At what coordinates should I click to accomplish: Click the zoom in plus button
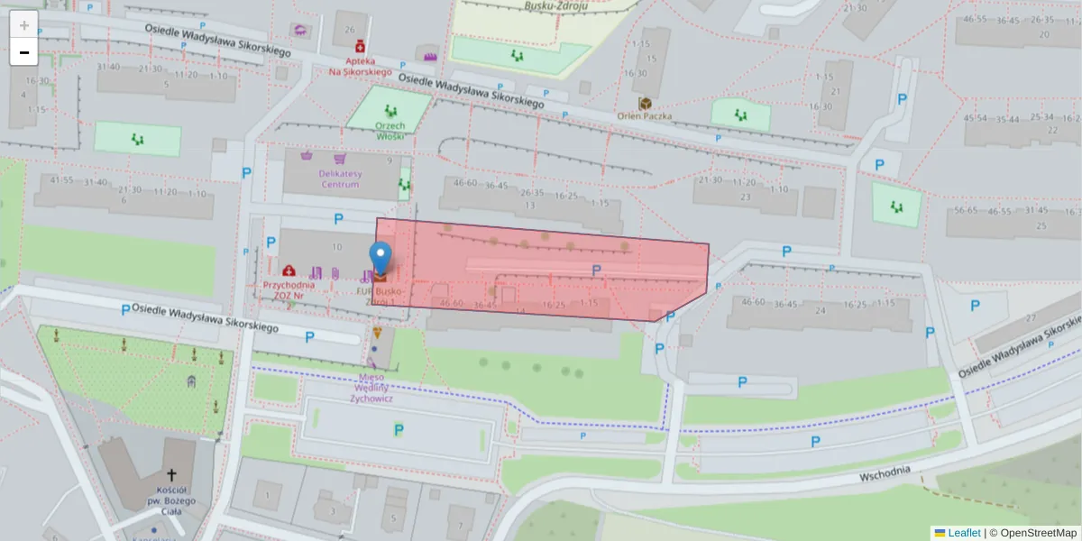point(24,25)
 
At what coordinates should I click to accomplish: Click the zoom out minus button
point(24,52)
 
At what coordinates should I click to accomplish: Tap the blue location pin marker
point(381,258)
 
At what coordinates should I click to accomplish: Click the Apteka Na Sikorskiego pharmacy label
point(360,67)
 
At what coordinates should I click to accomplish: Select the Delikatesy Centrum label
point(338,179)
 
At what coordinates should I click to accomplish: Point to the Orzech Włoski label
point(390,132)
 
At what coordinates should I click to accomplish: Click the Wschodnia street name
point(885,473)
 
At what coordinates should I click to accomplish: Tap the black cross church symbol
point(171,474)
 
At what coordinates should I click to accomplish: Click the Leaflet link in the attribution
point(963,533)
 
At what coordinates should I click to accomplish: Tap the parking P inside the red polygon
point(596,270)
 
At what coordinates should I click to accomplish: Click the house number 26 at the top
point(349,29)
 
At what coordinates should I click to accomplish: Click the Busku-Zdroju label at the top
point(555,5)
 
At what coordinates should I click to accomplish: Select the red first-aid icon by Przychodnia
point(289,270)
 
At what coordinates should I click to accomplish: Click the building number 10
point(336,246)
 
